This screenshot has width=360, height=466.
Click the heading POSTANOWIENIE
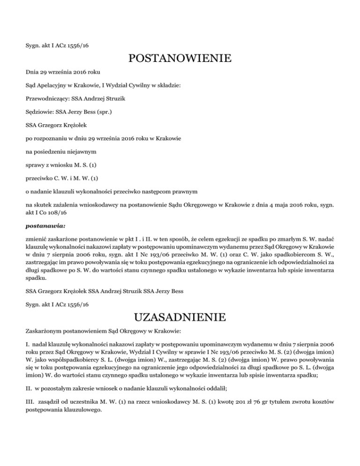click(x=180, y=59)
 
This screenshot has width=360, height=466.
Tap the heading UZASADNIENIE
click(x=180, y=318)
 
